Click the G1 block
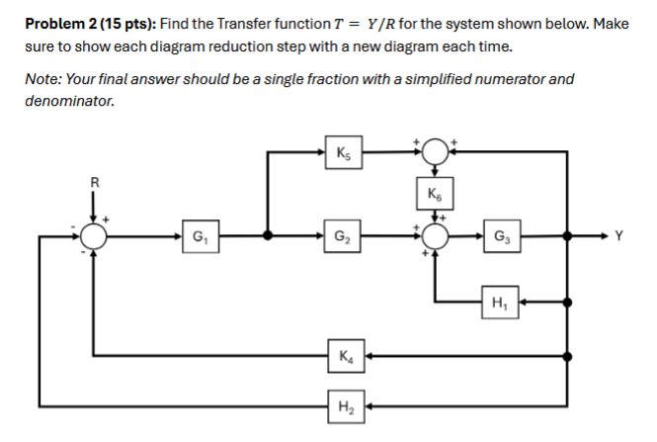click(x=200, y=236)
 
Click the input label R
click(x=95, y=181)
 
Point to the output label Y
click(x=619, y=236)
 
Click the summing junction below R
click(x=95, y=236)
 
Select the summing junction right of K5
click(x=436, y=151)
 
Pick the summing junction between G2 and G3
click(x=436, y=236)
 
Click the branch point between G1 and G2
click(x=268, y=236)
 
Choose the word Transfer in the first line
click(x=234, y=23)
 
